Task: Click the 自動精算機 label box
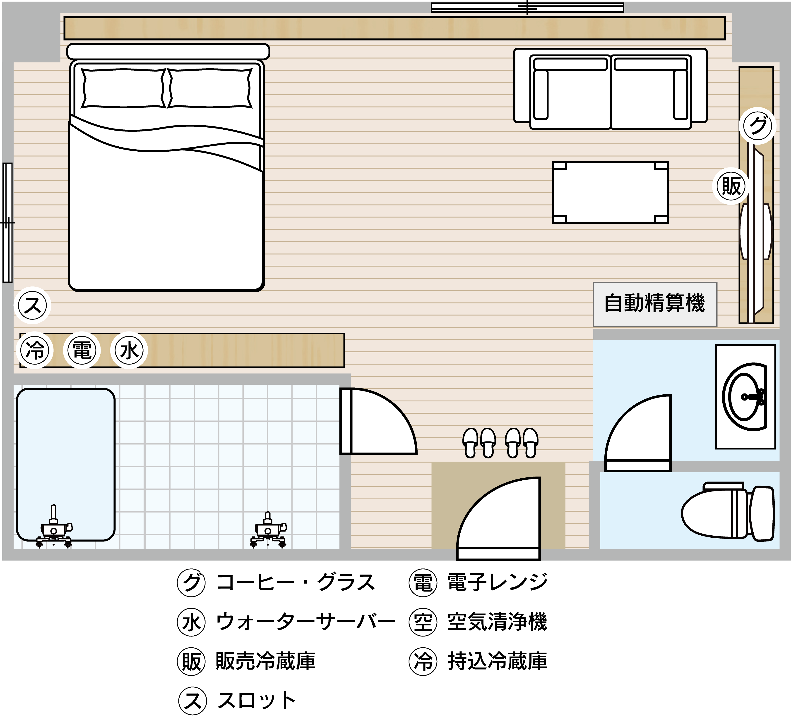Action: click(655, 304)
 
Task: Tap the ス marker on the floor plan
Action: click(33, 305)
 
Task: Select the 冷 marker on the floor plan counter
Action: click(35, 350)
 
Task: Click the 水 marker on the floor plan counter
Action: click(129, 350)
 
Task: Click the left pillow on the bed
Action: click(123, 88)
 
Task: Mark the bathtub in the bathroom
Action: click(65, 465)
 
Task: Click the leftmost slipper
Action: click(470, 443)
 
